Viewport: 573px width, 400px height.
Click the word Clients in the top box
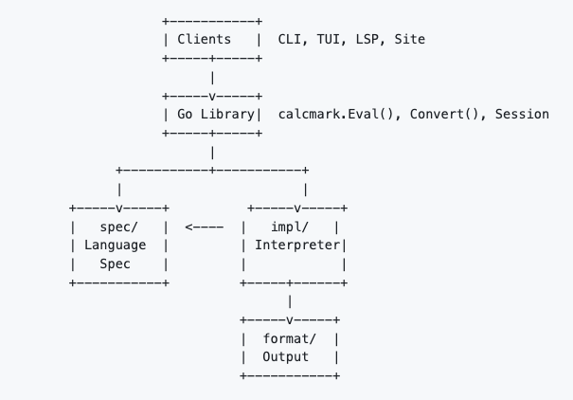coord(204,41)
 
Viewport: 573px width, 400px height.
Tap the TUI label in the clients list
coord(332,41)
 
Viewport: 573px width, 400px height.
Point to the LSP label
coord(371,41)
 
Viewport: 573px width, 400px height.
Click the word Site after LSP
coord(410,41)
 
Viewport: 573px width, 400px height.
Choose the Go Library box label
coord(215,114)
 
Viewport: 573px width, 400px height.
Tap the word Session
coord(519,114)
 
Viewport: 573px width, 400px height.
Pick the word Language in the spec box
coord(115,245)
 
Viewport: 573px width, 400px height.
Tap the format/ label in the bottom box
coord(290,338)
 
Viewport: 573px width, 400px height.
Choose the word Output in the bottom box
coord(290,356)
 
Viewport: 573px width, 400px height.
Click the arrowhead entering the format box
coord(289,319)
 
